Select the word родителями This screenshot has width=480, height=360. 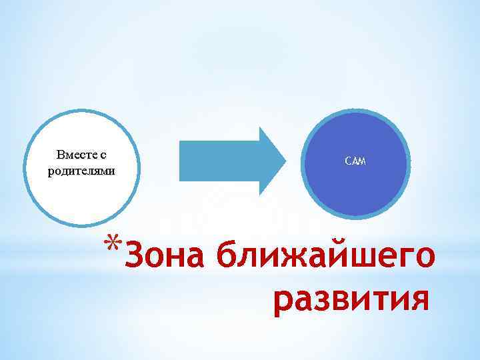(82, 170)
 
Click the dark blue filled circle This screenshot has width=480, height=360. (355, 187)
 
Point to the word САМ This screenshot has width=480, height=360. (355, 162)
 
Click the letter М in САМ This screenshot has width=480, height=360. (362, 162)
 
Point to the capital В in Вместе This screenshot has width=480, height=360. (61, 155)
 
